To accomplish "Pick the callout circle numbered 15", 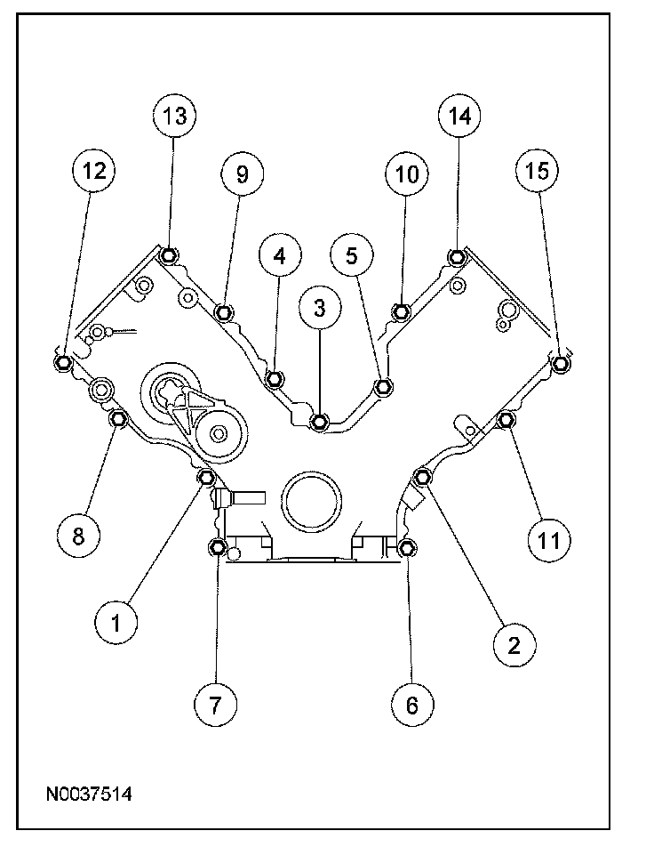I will click(537, 172).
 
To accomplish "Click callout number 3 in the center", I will click(320, 309).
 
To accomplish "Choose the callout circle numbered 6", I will click(411, 705).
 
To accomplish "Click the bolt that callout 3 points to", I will click(320, 421).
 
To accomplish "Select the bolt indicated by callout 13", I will click(171, 257).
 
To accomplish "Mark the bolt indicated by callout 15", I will click(559, 363).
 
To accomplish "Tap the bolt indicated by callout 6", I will click(407, 546).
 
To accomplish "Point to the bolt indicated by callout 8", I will click(116, 418).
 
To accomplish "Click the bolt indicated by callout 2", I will click(423, 478).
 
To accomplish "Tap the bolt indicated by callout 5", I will click(384, 386).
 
